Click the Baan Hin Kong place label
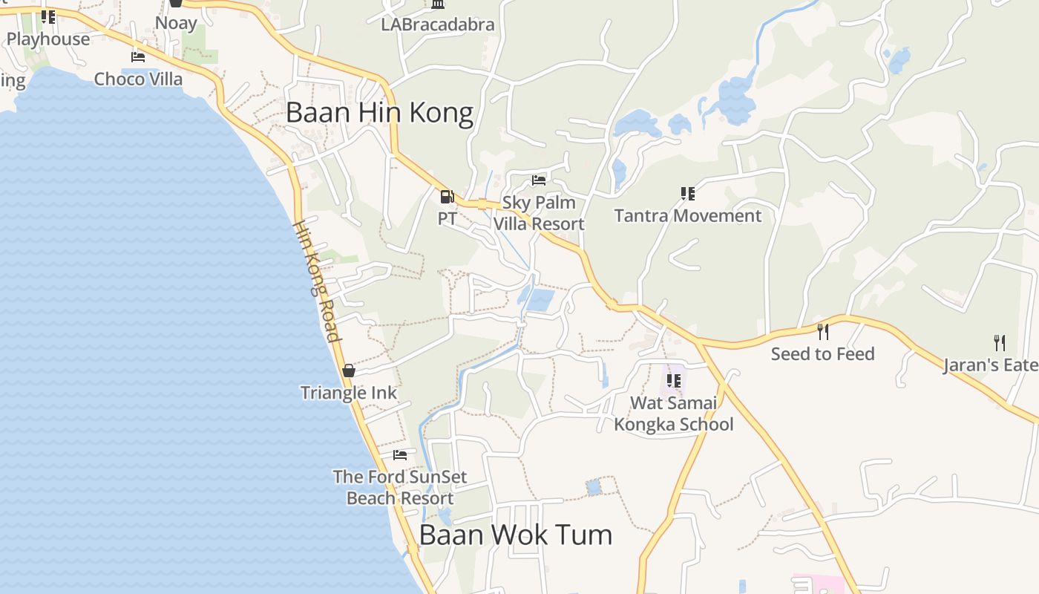tap(379, 113)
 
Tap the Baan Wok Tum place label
tap(515, 535)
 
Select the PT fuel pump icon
tap(447, 197)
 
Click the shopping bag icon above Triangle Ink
tap(349, 371)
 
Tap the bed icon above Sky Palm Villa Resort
tap(539, 180)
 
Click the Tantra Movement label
tap(687, 216)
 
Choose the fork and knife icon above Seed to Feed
tap(822, 331)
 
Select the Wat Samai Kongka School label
tap(674, 414)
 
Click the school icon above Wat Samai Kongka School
tap(674, 381)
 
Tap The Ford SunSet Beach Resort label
tap(400, 487)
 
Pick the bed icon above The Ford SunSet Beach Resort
tap(400, 454)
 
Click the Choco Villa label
tap(138, 79)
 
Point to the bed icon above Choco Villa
tap(138, 56)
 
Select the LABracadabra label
tap(438, 25)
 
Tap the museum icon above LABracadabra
tap(438, 4)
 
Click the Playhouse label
tap(48, 39)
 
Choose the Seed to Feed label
tap(822, 354)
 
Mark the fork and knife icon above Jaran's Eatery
tap(1000, 342)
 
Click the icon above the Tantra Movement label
tap(688, 194)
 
